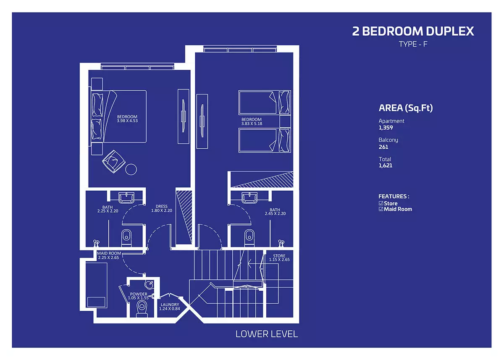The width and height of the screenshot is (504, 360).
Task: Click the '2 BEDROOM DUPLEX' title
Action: (x=413, y=31)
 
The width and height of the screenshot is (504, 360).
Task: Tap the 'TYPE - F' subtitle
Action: (x=413, y=44)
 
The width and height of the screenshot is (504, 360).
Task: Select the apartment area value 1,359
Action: (x=386, y=128)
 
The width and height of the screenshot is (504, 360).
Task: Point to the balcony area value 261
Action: (x=383, y=147)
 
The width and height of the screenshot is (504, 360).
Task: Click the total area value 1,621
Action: (x=386, y=166)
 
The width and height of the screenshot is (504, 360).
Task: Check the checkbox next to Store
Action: (x=381, y=203)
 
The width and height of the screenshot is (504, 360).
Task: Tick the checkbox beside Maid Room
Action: (x=381, y=209)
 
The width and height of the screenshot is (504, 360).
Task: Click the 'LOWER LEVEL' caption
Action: (x=267, y=334)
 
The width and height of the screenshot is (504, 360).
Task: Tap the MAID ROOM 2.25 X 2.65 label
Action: (x=109, y=255)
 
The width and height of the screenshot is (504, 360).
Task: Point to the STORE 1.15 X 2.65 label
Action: (x=279, y=258)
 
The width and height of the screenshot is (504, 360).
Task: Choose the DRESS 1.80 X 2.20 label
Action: (x=162, y=209)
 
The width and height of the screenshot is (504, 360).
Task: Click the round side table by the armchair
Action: (x=131, y=169)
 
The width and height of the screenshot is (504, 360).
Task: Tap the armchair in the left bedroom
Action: (x=114, y=162)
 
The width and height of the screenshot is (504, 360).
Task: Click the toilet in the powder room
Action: (x=142, y=308)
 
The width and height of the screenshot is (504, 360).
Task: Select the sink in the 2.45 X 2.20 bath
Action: (x=249, y=197)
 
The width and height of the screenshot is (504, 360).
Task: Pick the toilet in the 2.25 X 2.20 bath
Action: (x=126, y=238)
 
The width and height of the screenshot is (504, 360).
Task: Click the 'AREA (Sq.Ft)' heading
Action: (x=406, y=108)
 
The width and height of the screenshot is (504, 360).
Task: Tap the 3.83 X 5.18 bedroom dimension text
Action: (x=252, y=124)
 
